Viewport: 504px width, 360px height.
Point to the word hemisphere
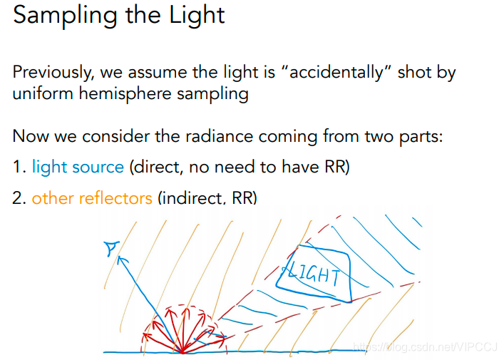(x=130, y=95)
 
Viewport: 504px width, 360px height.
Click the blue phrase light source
(x=78, y=167)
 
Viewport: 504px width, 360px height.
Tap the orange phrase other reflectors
(x=92, y=197)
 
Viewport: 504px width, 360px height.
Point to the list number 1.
(x=18, y=167)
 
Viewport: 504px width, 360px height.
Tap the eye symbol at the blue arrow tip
(x=110, y=247)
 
